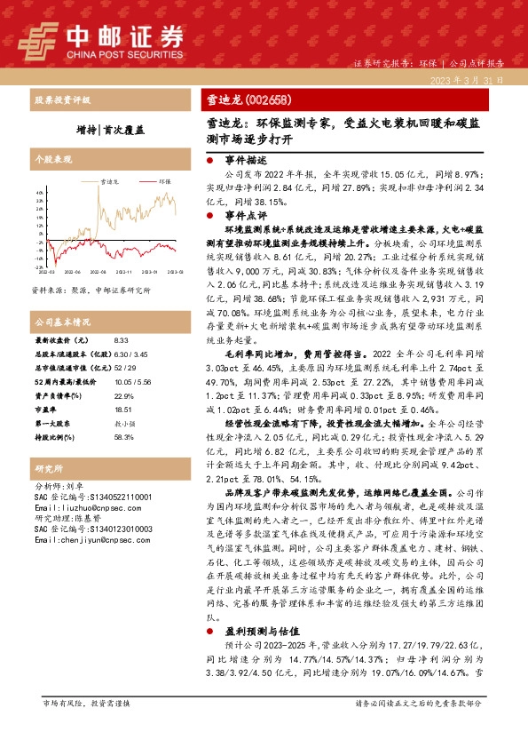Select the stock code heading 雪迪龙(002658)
(x=242, y=100)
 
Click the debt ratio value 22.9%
(x=123, y=394)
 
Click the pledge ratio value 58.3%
(x=123, y=436)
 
